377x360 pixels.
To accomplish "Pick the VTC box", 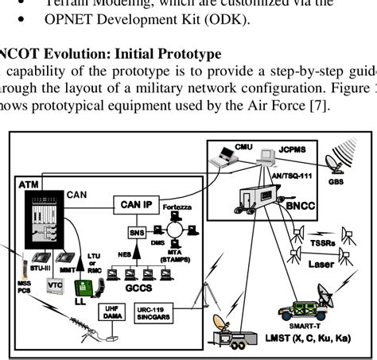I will pyautogui.click(x=56, y=285).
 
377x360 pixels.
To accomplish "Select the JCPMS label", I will pyautogui.click(x=298, y=147).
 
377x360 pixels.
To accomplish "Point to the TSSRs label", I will pyautogui.click(x=323, y=242).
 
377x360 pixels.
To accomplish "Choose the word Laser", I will pyautogui.click(x=321, y=264).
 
